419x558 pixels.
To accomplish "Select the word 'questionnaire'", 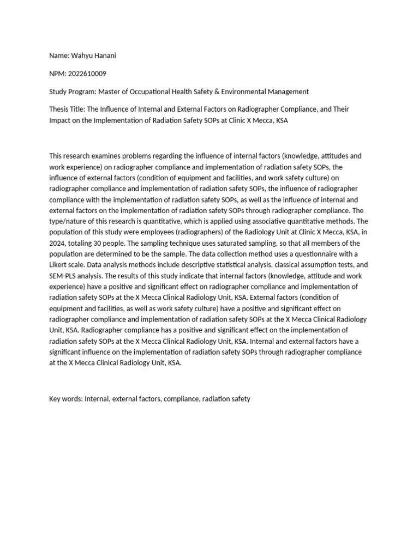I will pyautogui.click(x=309, y=254).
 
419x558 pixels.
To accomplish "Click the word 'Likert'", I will pyautogui.click(x=59, y=265).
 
